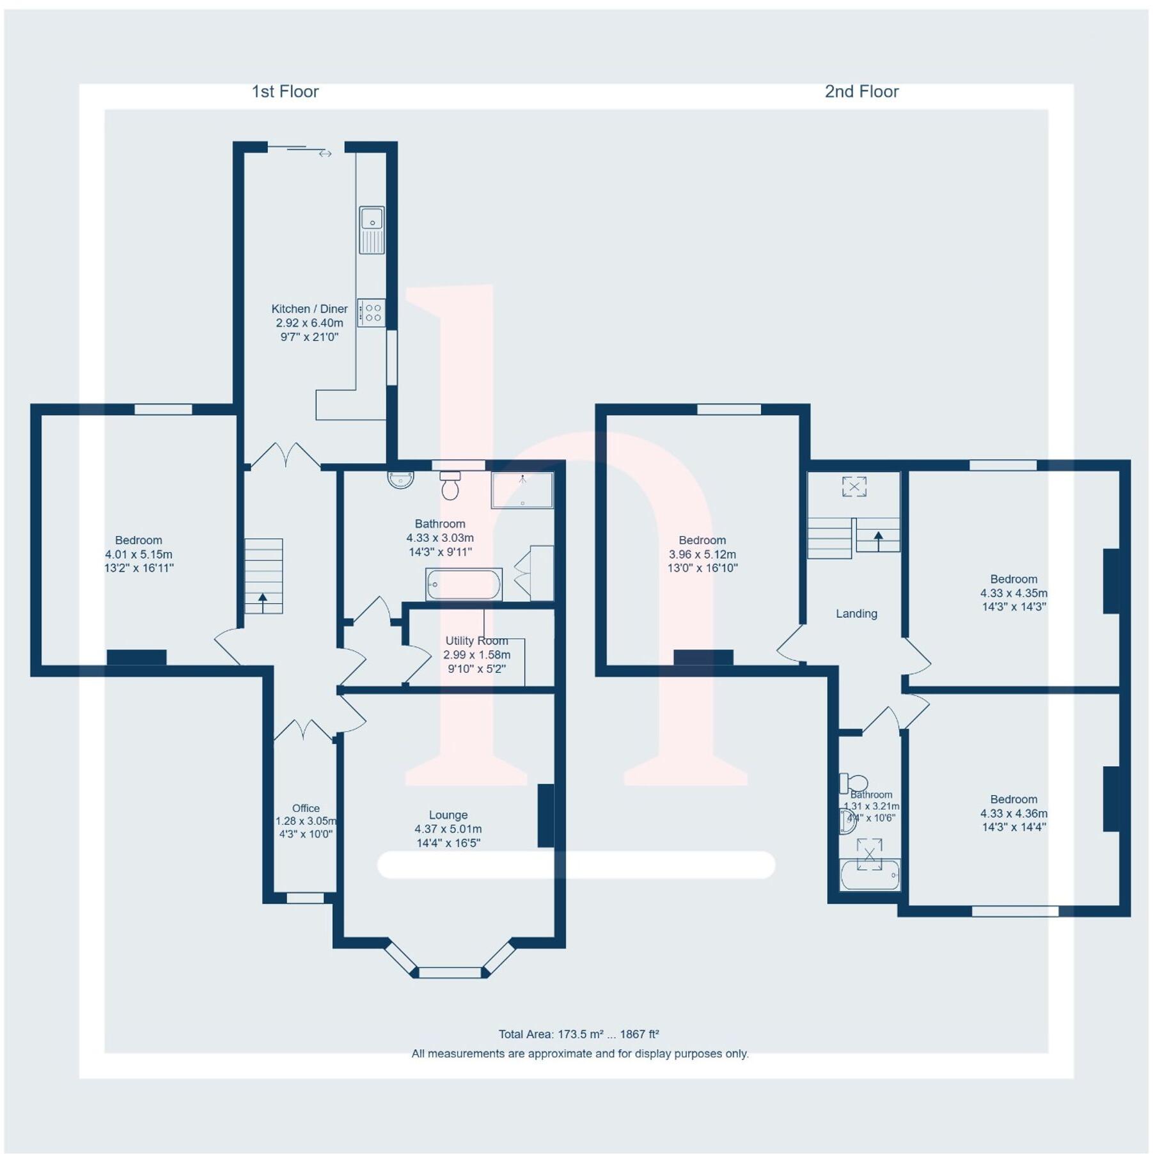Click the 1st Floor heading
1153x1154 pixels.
pos(285,91)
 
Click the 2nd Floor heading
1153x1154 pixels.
pos(861,91)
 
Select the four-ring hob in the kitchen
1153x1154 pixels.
pos(371,313)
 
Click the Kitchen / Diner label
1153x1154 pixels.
pos(310,309)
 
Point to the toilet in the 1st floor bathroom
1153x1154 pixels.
pos(450,486)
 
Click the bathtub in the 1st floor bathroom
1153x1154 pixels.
pos(464,584)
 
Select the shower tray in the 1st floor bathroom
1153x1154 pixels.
pos(522,490)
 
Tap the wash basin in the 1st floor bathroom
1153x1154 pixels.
pos(401,479)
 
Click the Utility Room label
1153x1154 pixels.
pos(476,640)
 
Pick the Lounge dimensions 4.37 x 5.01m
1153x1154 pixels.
pos(448,829)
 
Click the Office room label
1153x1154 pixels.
pos(305,809)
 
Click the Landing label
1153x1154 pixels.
pos(856,613)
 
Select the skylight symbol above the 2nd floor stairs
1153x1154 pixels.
pos(854,486)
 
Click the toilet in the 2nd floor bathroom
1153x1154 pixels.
pos(854,783)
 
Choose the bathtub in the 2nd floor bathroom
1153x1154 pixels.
pos(870,875)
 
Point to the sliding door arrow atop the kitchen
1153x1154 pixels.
pos(326,154)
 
